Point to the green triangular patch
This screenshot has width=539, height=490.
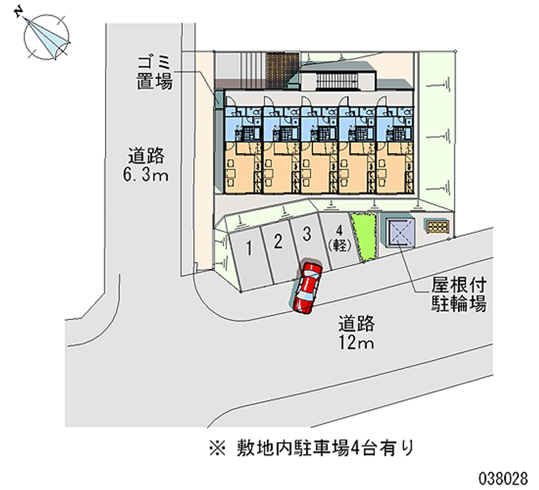click(364, 236)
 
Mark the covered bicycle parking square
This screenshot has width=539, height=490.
click(400, 231)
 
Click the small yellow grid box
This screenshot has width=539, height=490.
click(437, 226)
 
